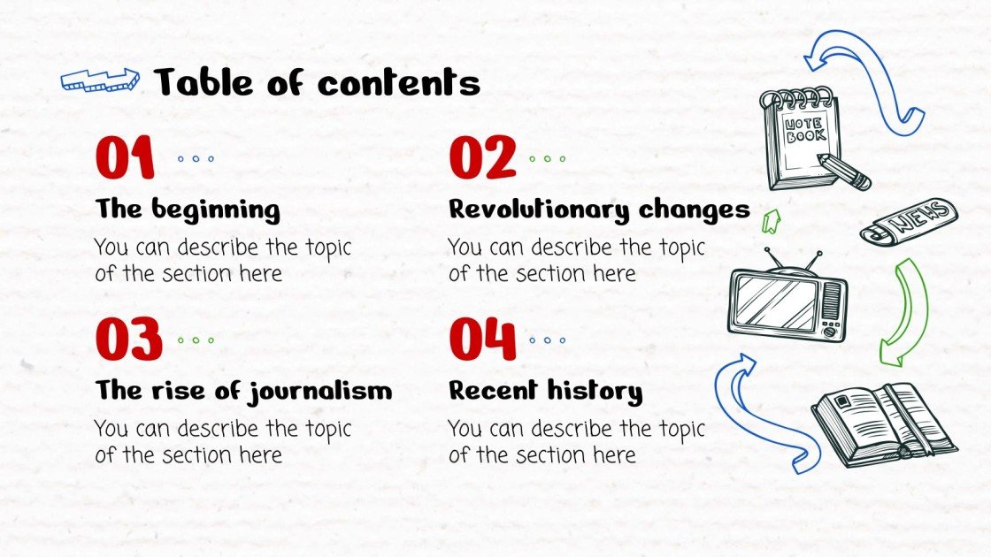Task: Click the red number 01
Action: tap(125, 159)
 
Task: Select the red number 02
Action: tap(482, 159)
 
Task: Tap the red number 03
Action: tap(129, 340)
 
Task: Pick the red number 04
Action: tap(482, 340)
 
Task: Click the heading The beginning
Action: tap(188, 210)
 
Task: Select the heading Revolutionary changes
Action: tap(599, 210)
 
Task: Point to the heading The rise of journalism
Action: tap(243, 390)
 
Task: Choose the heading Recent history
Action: tap(545, 390)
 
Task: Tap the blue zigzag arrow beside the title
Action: tap(100, 80)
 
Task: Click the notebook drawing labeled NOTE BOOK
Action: tap(800, 139)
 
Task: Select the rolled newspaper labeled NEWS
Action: tap(909, 220)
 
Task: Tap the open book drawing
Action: tap(883, 423)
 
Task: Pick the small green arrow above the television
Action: tap(771, 220)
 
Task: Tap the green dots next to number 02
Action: tap(546, 159)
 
